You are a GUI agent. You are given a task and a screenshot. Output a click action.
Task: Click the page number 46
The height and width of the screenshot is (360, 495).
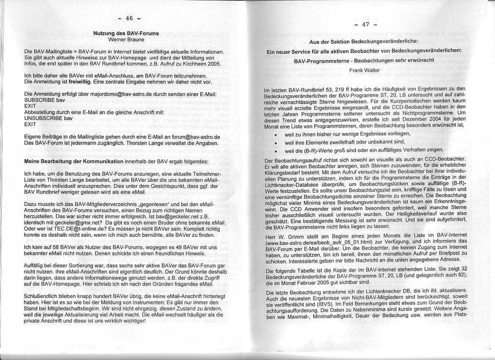129,18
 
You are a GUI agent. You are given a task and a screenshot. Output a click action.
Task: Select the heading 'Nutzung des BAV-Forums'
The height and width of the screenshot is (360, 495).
126,33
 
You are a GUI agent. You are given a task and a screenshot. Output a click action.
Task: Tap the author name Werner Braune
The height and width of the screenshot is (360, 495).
126,39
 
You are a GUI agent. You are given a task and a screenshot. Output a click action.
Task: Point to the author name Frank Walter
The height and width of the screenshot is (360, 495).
364,70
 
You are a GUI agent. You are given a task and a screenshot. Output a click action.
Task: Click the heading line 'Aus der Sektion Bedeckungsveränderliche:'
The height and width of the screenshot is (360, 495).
364,41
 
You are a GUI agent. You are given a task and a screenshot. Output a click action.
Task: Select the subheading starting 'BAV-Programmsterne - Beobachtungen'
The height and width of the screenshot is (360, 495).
364,60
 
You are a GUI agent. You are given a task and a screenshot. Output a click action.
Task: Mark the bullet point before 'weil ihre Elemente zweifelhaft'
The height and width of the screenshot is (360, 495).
276,142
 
